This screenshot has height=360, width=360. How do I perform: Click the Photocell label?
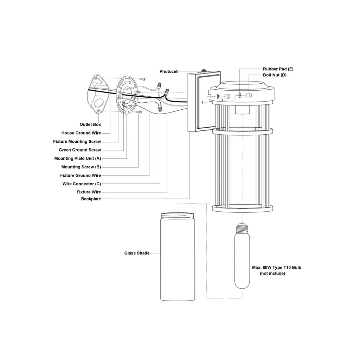coord(169,71)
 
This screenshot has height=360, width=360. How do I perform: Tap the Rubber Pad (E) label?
coord(278,69)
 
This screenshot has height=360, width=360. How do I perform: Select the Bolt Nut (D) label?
coord(275,75)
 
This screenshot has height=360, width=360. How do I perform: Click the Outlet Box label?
coord(90,124)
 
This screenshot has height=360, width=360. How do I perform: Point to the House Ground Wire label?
coord(81,133)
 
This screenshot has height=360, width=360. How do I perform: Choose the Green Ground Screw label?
coord(80,150)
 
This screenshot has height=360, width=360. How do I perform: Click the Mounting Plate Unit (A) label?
coord(77,159)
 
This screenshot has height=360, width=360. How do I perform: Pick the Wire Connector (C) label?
coord(82,184)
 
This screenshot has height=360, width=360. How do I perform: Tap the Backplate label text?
coord(91,199)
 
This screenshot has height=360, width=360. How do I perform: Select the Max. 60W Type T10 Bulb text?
coord(276,268)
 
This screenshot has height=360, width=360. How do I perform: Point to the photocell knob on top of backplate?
coord(203,71)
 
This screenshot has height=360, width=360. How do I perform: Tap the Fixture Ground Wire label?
coord(81,175)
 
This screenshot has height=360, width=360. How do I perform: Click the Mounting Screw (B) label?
coord(81,167)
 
